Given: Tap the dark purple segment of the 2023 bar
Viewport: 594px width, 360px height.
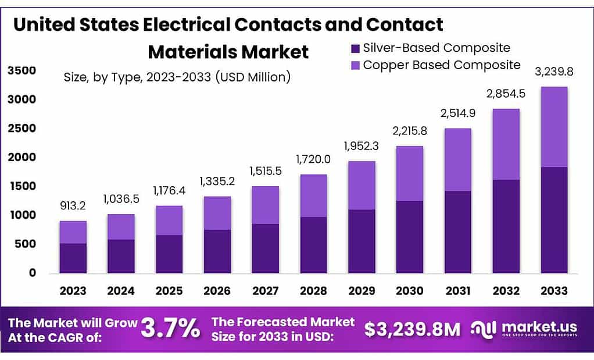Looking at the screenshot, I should (73, 258).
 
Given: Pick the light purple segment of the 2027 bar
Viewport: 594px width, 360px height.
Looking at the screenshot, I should (265, 205).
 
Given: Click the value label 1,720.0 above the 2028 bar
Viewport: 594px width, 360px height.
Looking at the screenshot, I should (313, 158).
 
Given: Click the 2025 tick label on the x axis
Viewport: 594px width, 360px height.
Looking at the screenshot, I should (169, 290).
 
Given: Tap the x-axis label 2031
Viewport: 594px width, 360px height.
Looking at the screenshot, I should (458, 290).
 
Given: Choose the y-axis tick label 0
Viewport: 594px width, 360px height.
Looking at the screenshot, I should (33, 273).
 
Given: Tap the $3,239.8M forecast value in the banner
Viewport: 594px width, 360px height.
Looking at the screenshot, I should (412, 330).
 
